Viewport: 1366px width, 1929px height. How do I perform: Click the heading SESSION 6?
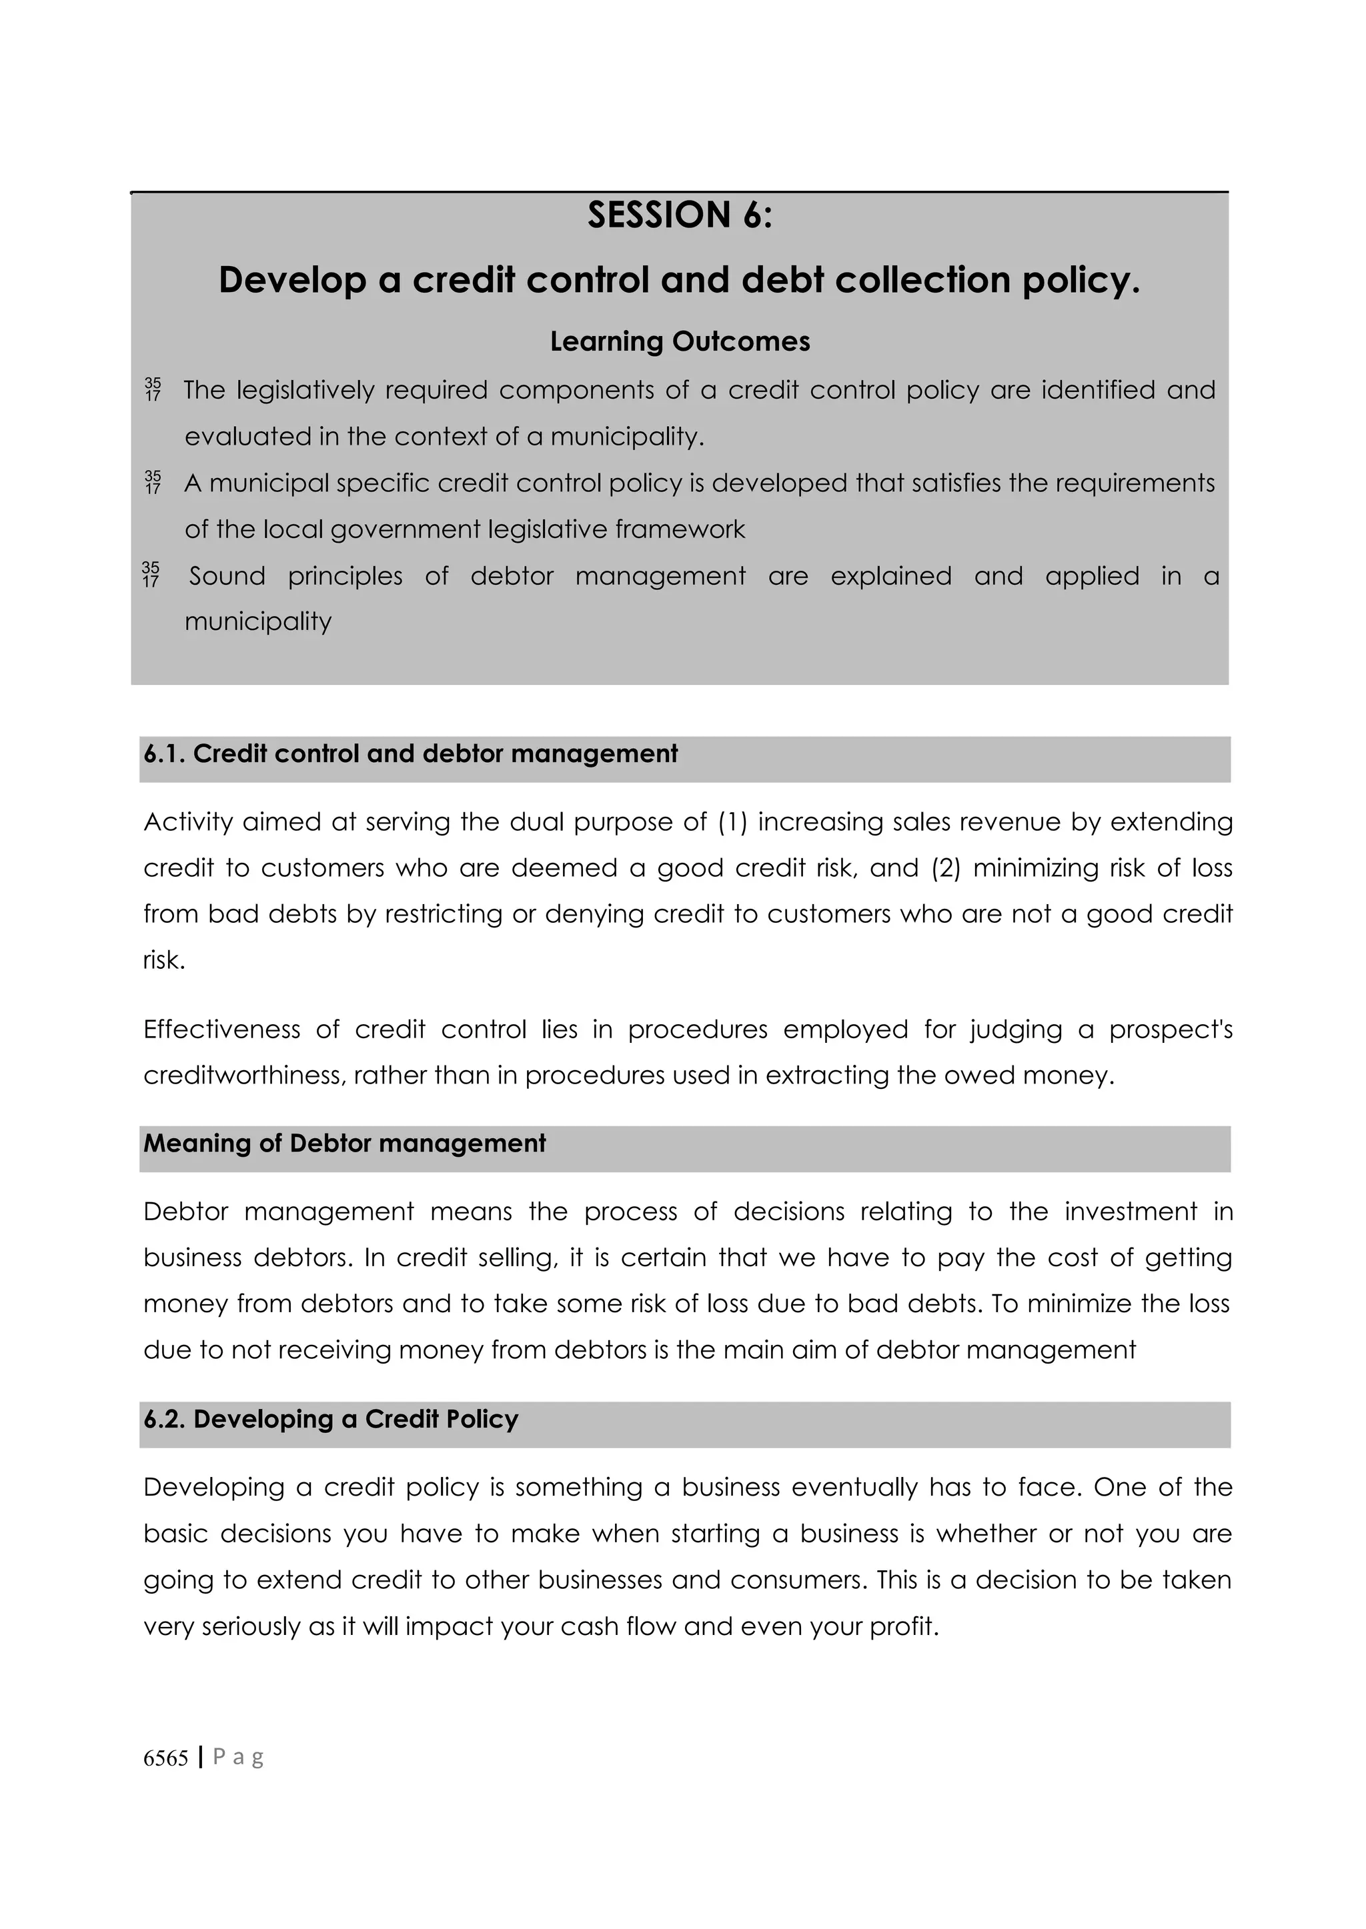coord(680,215)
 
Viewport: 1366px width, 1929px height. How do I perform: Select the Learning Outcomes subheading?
coord(680,341)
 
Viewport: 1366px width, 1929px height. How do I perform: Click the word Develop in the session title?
coord(292,280)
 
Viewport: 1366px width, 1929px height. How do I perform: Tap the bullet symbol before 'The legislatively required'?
coord(152,389)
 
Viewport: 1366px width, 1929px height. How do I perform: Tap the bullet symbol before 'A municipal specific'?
coord(152,483)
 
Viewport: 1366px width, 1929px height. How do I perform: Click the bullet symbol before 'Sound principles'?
coord(151,575)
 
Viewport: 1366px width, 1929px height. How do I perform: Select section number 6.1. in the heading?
coord(165,754)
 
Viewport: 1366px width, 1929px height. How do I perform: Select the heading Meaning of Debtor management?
coord(344,1144)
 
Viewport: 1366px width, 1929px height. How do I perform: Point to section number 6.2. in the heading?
coord(165,1420)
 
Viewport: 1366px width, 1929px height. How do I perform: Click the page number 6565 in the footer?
coord(165,1758)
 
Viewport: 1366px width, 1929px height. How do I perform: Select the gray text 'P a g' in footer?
coord(238,1758)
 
